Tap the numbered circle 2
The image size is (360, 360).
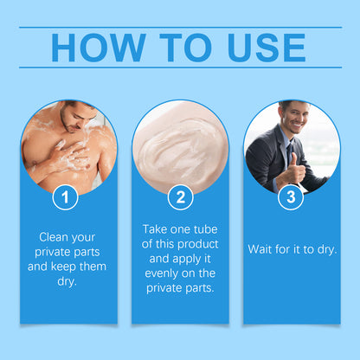tap(179, 198)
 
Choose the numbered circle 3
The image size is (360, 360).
tap(291, 198)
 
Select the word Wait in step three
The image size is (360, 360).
tap(262, 249)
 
